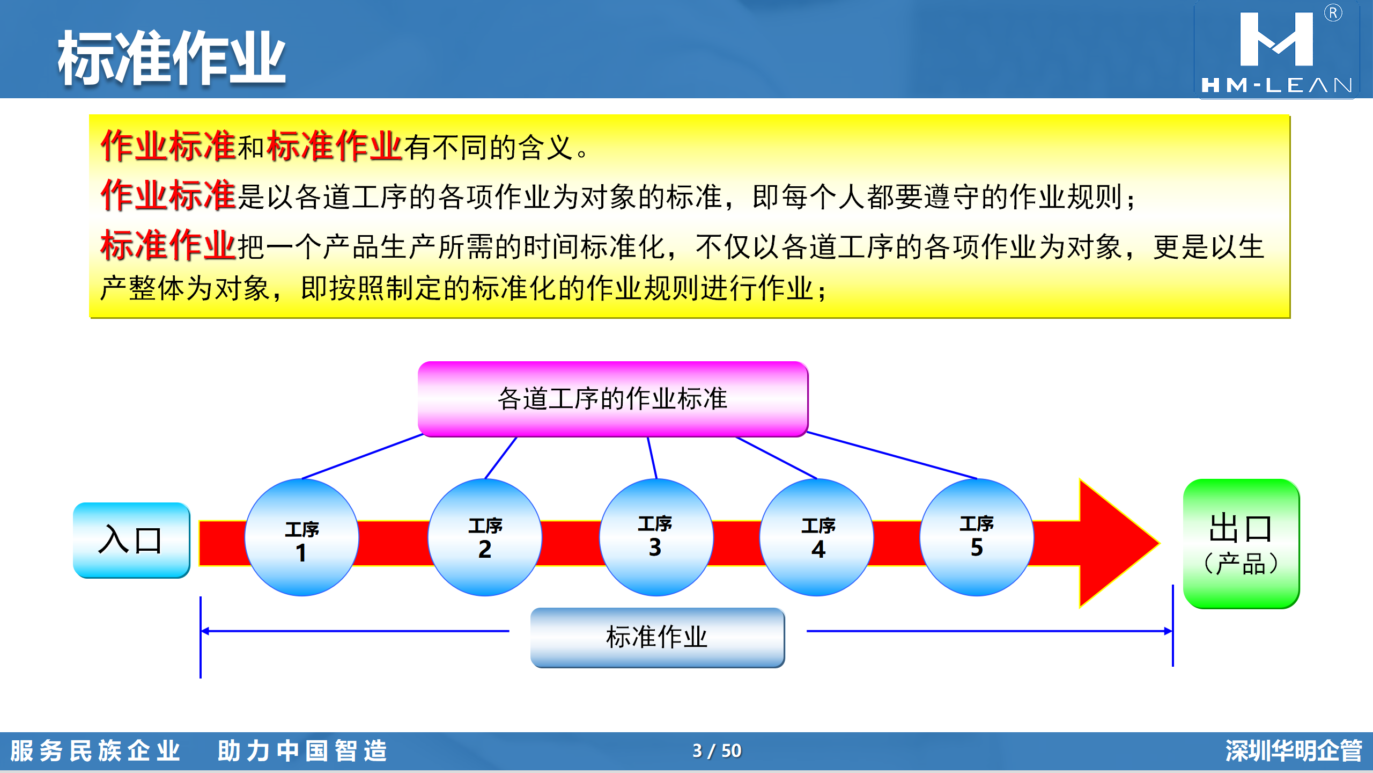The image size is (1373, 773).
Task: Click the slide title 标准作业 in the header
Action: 172,58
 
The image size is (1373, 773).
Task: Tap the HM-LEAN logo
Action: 1276,50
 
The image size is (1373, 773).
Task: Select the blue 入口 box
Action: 131,540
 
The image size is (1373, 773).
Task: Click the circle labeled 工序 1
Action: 302,537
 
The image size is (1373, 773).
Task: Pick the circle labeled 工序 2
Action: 485,537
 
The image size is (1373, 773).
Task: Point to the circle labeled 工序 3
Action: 656,537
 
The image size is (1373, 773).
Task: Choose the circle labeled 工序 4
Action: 817,537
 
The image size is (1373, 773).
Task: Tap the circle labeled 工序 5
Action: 977,537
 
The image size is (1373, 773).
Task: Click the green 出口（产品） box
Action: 1241,543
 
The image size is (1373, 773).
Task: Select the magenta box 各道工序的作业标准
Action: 613,399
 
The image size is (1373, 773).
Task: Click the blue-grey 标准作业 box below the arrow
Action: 658,637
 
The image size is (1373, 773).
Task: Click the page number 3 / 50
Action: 717,750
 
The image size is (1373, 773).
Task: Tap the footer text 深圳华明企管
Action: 1294,750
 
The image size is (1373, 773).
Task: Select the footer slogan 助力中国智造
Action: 302,750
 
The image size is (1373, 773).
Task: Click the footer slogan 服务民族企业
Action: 95,750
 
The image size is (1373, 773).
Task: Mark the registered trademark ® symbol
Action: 1333,13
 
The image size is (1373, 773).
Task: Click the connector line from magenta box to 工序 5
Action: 892,455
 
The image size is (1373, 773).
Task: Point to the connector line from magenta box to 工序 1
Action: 363,456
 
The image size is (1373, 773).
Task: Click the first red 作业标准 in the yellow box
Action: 168,145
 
